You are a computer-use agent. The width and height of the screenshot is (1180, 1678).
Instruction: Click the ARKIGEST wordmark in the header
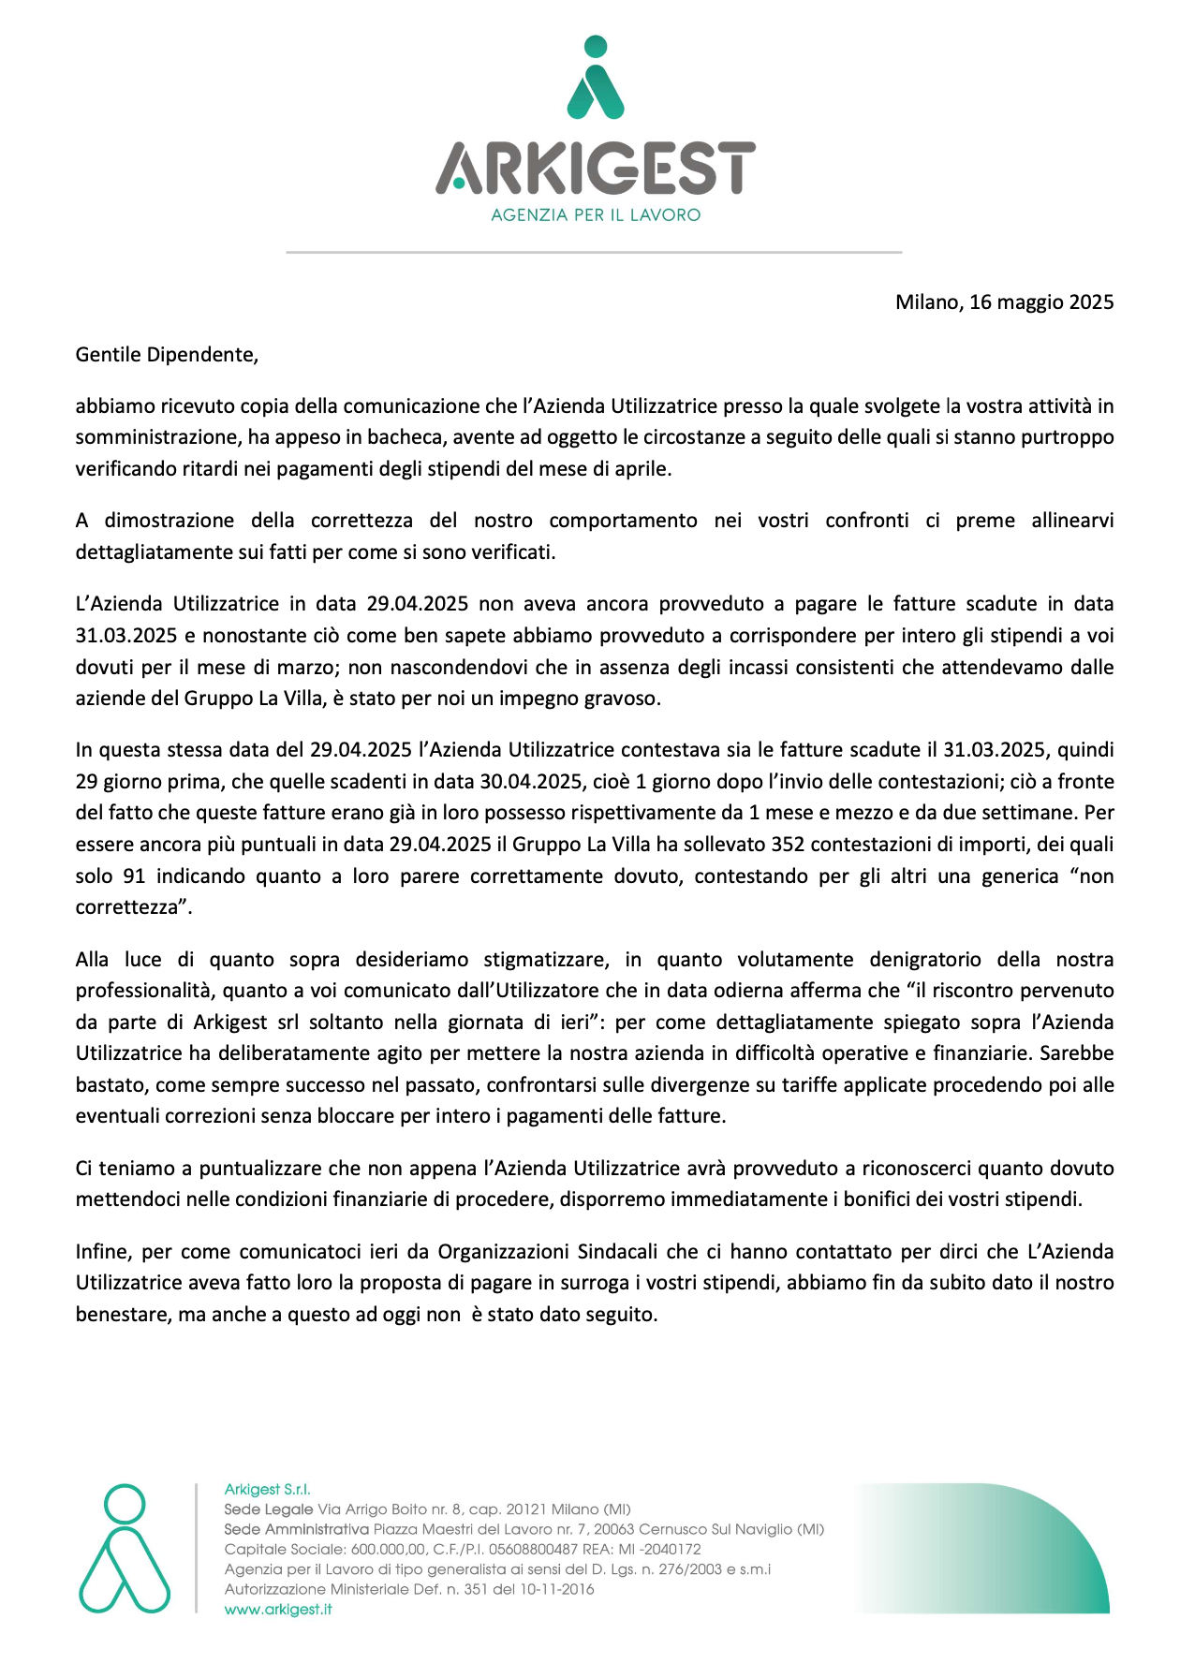click(x=596, y=168)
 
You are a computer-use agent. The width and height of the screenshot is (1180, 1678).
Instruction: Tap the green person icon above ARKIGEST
click(x=596, y=79)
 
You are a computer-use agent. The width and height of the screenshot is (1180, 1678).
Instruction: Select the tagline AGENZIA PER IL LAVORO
click(x=596, y=215)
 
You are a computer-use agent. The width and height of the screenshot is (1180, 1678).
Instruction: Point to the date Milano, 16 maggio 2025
click(x=1004, y=302)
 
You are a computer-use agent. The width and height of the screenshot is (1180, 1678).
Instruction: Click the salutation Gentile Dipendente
click(x=167, y=355)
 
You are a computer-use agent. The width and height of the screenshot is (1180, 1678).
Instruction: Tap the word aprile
click(x=642, y=469)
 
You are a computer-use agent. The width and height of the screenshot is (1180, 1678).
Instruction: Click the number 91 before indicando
click(x=134, y=876)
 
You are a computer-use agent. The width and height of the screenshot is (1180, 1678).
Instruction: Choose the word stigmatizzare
click(x=547, y=960)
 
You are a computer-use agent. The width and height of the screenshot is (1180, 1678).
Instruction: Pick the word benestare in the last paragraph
click(x=122, y=1315)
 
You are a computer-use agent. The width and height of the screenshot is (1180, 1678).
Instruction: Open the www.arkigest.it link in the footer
click(x=278, y=1610)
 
